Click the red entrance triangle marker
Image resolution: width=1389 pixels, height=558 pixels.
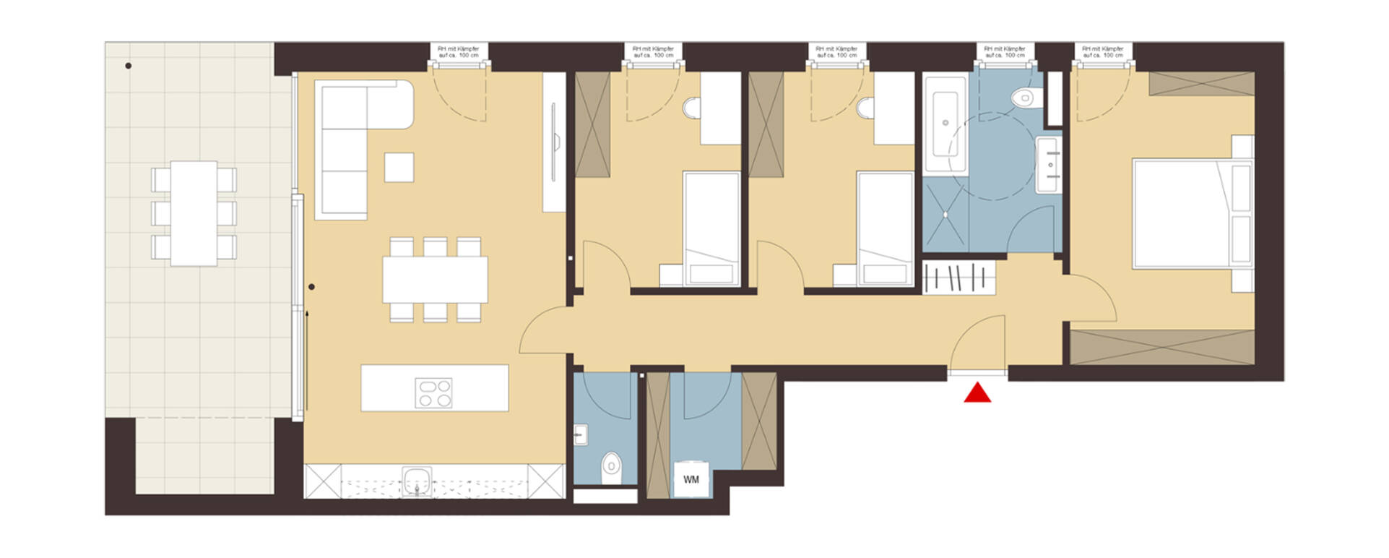(977, 393)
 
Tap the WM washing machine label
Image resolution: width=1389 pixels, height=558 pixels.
(691, 479)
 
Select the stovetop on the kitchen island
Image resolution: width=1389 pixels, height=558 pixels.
(433, 392)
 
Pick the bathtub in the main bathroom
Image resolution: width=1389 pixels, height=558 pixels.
(946, 123)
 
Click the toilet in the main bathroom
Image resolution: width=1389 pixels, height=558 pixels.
(1024, 97)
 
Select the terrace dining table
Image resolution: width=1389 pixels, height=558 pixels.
(194, 213)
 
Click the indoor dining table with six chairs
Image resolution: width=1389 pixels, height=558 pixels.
(435, 280)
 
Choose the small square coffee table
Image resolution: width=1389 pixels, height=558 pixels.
(399, 167)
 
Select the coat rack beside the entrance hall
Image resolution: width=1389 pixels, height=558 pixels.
(959, 277)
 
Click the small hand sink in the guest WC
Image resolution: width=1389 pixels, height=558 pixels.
(581, 434)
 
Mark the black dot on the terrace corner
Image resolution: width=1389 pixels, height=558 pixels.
(129, 66)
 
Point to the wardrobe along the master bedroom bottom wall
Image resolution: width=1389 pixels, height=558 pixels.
(1161, 347)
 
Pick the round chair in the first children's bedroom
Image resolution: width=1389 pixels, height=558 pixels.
(691, 108)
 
